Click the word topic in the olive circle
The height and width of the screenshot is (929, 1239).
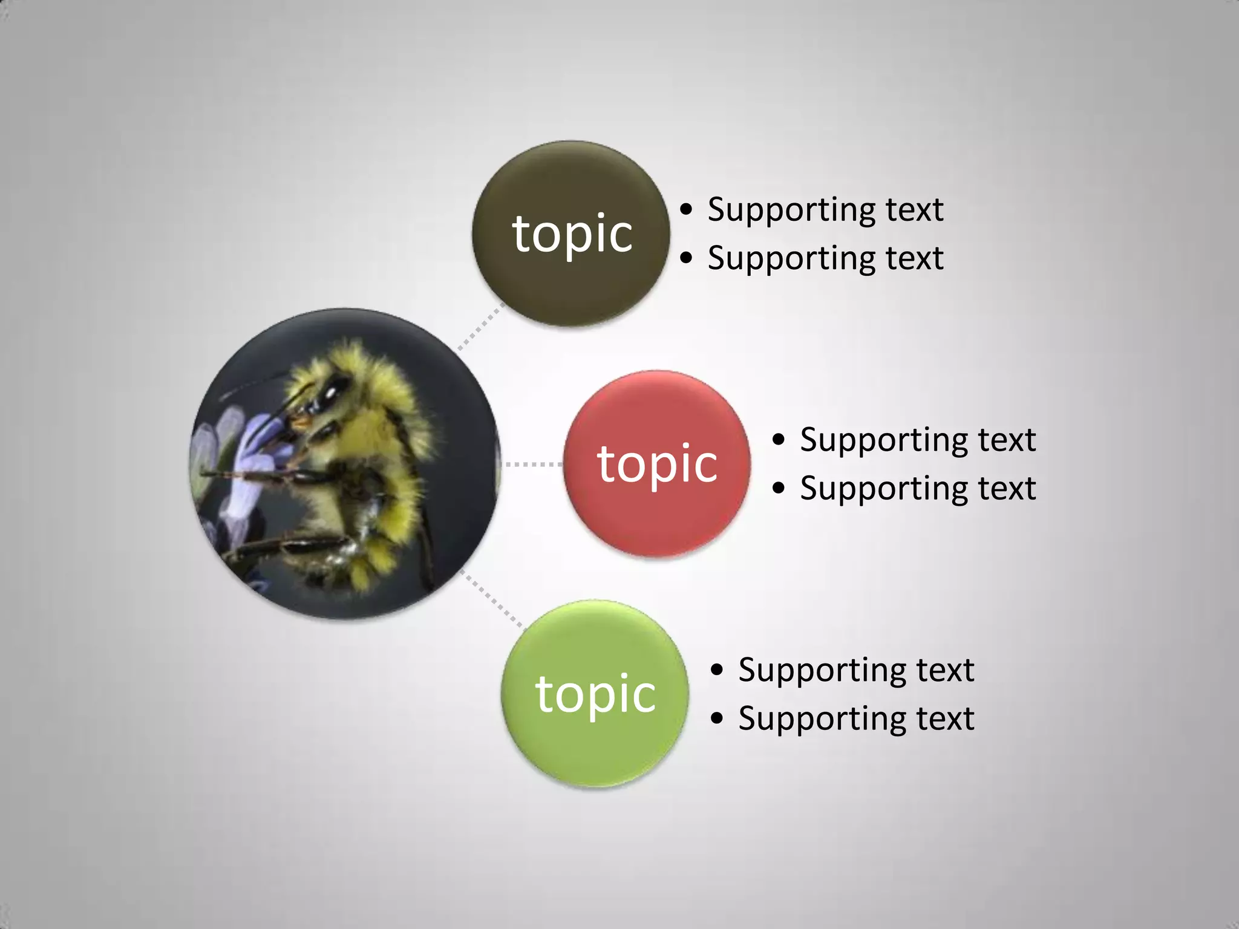point(572,234)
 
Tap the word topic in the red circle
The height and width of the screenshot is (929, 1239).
point(658,464)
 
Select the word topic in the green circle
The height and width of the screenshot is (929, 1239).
point(596,694)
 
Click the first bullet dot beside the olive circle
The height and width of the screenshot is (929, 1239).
point(685,210)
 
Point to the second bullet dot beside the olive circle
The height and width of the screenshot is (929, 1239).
point(685,258)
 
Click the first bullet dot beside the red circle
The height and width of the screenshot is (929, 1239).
point(778,440)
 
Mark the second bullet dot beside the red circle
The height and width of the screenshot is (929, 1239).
point(778,488)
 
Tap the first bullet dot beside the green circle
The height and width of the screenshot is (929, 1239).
point(717,670)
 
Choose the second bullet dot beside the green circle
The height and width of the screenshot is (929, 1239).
point(717,719)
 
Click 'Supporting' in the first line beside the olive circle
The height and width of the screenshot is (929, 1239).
point(790,211)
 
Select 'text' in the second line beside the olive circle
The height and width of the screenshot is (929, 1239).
point(914,258)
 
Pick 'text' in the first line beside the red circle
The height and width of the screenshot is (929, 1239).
point(1007,440)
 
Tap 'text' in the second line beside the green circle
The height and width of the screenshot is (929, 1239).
point(945,719)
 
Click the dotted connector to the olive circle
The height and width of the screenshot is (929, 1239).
point(481,327)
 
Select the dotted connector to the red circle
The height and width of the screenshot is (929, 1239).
point(531,464)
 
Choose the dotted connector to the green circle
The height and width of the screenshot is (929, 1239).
point(491,598)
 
